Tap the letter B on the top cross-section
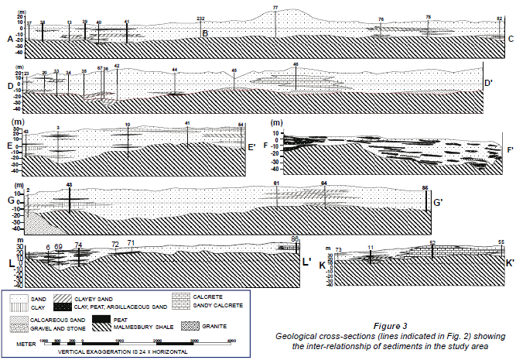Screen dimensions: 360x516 click(x=205, y=33)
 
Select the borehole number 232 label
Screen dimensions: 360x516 click(x=200, y=18)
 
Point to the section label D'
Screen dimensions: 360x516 click(x=488, y=83)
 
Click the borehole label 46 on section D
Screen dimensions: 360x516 click(x=296, y=64)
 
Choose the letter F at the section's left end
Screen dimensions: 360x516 click(x=265, y=146)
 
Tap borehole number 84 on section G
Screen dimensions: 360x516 click(x=324, y=183)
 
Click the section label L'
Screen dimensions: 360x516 click(x=306, y=262)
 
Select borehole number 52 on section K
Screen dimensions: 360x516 click(x=432, y=242)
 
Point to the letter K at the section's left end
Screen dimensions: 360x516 click(x=323, y=265)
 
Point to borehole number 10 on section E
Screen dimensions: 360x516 click(x=127, y=125)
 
